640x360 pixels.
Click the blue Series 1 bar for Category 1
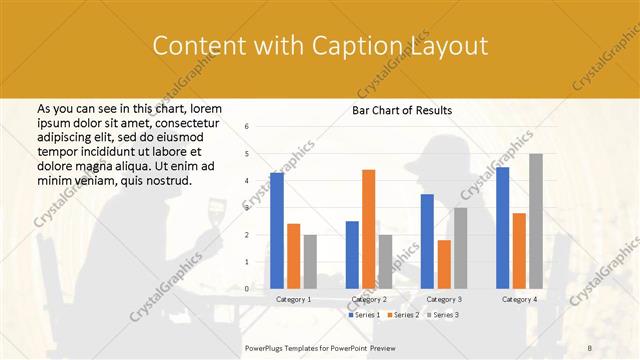[277, 230]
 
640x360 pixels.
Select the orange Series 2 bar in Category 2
[368, 229]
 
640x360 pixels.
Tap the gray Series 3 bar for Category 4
[536, 221]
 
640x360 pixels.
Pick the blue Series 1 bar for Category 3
[427, 241]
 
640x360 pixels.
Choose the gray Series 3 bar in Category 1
[310, 261]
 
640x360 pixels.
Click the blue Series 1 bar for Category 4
[502, 227]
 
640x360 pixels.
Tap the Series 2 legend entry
[403, 315]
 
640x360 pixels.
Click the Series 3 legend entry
[443, 315]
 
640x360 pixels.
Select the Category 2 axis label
[368, 299]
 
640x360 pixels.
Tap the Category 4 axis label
[519, 299]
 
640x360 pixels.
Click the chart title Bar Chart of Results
[402, 110]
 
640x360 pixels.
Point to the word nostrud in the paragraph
[166, 179]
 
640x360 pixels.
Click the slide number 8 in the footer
[590, 346]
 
